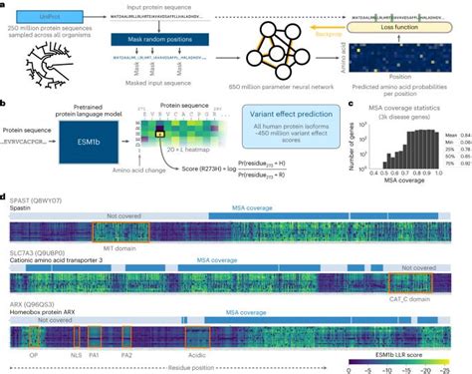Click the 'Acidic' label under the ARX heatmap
pos(198,356)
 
